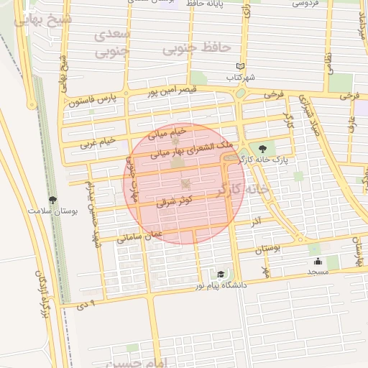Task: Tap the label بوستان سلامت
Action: click(52, 211)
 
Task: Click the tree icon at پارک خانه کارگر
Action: click(261, 148)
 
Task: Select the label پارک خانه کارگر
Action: click(261, 160)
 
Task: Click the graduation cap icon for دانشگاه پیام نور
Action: click(221, 274)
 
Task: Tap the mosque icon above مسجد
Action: click(318, 261)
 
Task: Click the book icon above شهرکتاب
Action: click(240, 66)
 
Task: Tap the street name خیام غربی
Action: click(98, 142)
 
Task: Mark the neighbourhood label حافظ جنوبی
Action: click(196, 47)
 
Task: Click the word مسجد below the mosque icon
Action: click(318, 272)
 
